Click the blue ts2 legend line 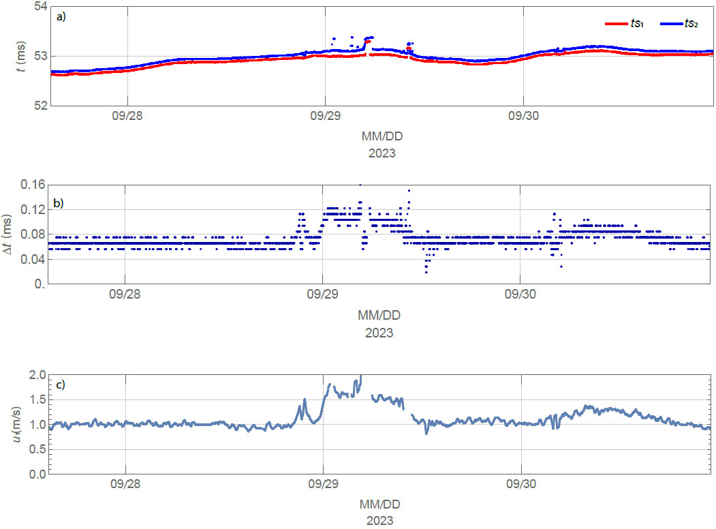[672, 24]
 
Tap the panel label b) [58, 202]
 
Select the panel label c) [61, 384]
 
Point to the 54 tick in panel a [40, 7]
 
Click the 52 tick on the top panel [40, 105]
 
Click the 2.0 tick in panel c [37, 375]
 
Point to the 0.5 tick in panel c [37, 449]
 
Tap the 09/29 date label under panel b [323, 297]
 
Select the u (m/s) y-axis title [18, 424]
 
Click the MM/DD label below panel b [379, 316]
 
